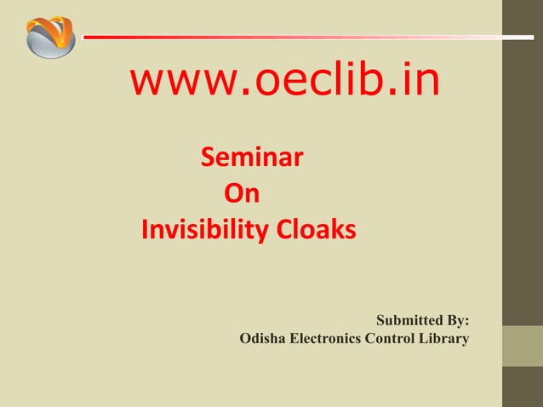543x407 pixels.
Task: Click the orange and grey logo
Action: (x=50, y=37)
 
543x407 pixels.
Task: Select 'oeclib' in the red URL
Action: (x=315, y=82)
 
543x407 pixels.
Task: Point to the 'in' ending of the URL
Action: (x=423, y=82)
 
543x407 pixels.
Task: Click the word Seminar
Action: (x=253, y=158)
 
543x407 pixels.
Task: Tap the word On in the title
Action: (x=241, y=195)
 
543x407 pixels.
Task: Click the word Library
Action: (x=446, y=340)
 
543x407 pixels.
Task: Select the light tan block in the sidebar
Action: (x=522, y=346)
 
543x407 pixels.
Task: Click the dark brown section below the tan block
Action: (x=522, y=387)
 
